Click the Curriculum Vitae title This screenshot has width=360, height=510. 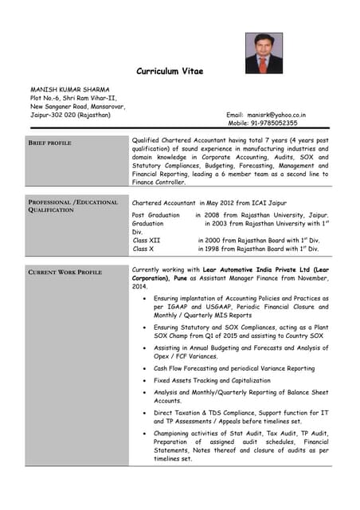click(170, 72)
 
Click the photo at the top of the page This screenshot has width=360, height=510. click(263, 53)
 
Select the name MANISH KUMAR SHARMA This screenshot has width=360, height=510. click(70, 89)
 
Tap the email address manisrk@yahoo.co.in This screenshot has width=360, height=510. click(276, 115)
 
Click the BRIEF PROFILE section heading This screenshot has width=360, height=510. click(50, 143)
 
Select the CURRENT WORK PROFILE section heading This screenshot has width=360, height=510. click(65, 273)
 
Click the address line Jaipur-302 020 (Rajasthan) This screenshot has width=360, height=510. click(71, 115)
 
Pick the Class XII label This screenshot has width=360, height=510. click(147, 240)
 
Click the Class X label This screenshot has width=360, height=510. click(143, 249)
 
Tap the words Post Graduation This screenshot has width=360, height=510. click(156, 215)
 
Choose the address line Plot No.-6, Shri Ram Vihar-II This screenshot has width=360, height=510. click(73, 98)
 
